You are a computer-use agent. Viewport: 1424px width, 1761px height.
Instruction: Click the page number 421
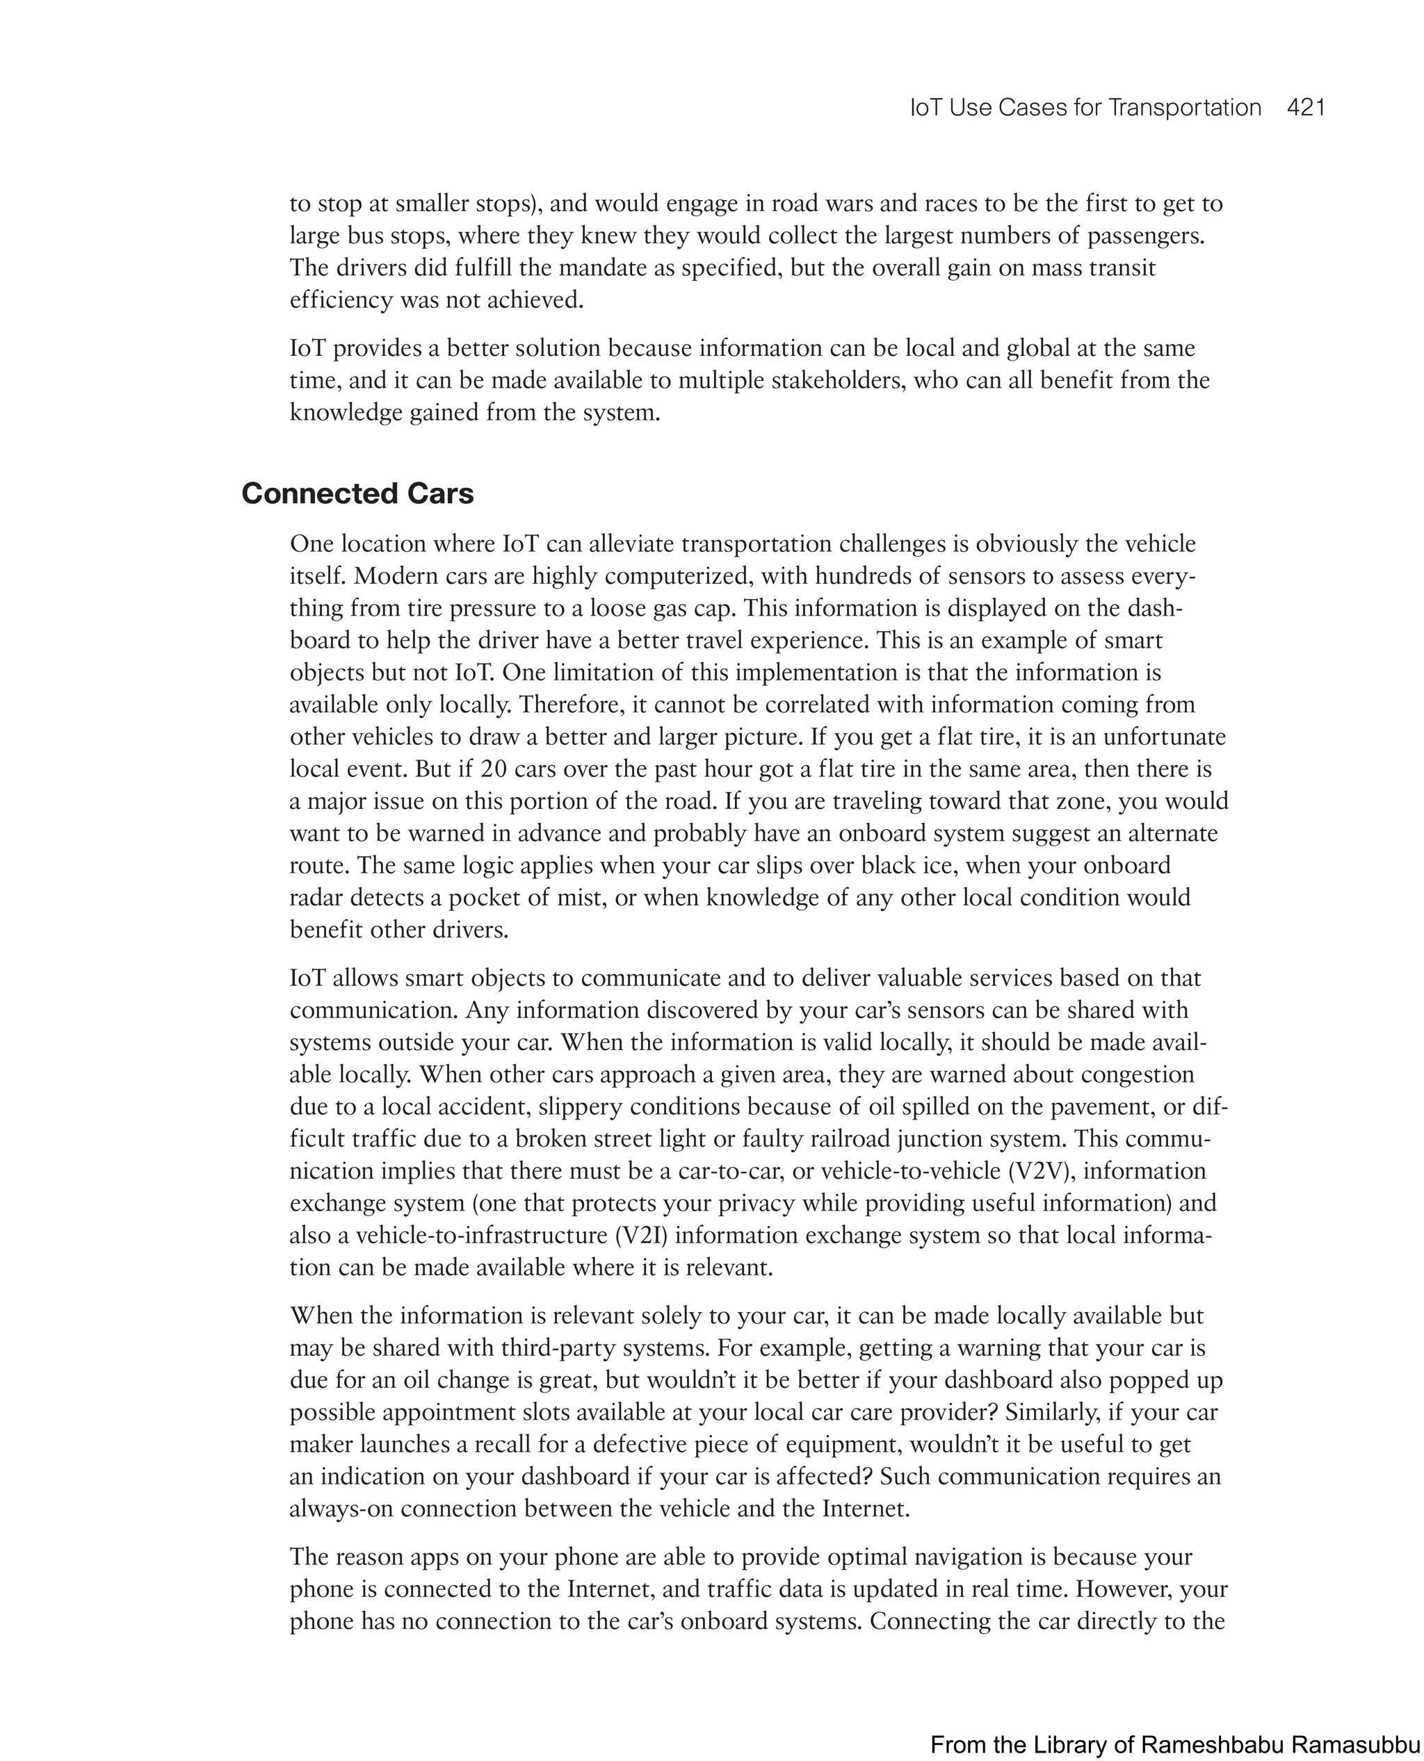(1306, 108)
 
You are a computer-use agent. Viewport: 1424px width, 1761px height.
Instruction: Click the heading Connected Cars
(357, 493)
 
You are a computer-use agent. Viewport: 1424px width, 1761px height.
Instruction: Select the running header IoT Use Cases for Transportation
(1085, 108)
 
